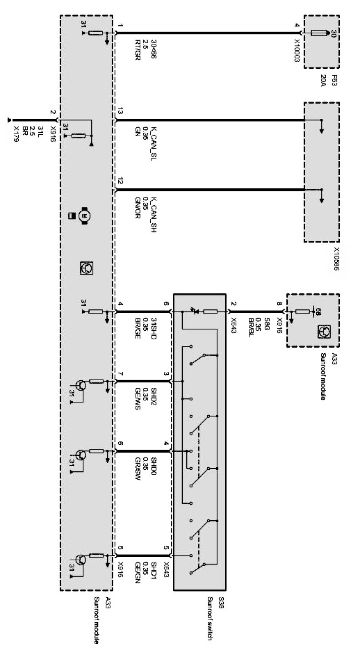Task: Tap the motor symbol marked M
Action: [x=84, y=216]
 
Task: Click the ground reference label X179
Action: [x=16, y=134]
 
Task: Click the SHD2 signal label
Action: [x=154, y=395]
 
